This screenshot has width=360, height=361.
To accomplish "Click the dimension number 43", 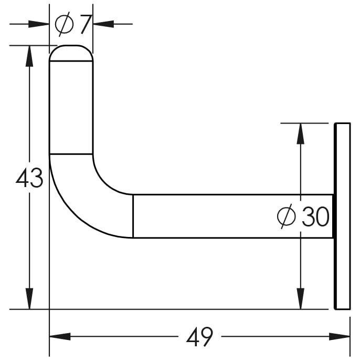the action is (x=29, y=178).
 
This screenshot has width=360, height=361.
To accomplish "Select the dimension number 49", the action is (x=199, y=336).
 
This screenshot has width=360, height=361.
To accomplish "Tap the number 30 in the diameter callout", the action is (x=315, y=216).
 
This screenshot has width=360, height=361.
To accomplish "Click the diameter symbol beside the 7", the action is (x=64, y=24).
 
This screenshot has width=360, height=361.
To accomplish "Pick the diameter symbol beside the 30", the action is (x=286, y=216).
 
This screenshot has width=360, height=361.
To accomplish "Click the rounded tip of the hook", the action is (x=71, y=53).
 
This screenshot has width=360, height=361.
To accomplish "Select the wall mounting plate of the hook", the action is (x=342, y=216).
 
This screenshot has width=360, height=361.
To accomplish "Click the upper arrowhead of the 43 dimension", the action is (x=29, y=56).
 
